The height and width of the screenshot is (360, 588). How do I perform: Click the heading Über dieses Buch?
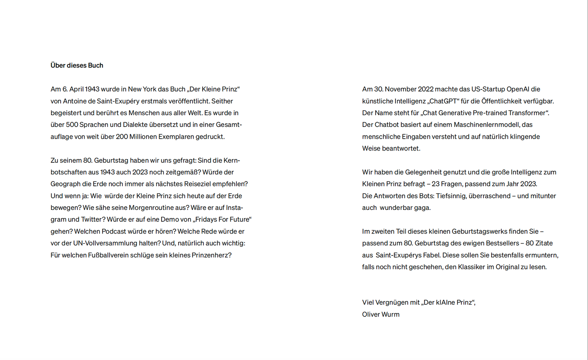(x=77, y=65)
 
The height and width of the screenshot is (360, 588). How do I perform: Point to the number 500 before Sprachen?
(x=72, y=125)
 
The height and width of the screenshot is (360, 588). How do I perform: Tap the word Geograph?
(x=66, y=184)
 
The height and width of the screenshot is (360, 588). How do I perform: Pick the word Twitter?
(x=93, y=219)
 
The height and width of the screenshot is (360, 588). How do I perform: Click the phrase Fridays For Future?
(x=222, y=219)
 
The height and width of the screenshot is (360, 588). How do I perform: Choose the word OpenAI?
(x=518, y=89)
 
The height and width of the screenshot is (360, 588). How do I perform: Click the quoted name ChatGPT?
(x=443, y=101)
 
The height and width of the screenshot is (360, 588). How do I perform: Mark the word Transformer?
(x=526, y=113)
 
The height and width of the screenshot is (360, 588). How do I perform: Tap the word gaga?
(x=423, y=208)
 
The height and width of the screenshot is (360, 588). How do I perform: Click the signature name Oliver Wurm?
(x=381, y=314)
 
